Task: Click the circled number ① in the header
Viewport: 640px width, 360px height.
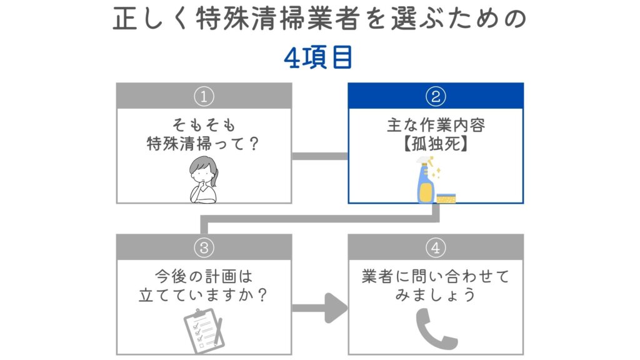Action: [x=204, y=96]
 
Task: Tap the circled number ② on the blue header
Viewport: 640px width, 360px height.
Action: [x=435, y=96]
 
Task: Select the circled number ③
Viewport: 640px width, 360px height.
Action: [x=204, y=247]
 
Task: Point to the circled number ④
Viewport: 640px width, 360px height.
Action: [x=435, y=247]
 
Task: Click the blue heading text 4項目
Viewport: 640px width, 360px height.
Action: [x=319, y=58]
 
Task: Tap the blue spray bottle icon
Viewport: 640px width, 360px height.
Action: [x=425, y=181]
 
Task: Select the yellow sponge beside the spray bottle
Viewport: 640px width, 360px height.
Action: [x=446, y=197]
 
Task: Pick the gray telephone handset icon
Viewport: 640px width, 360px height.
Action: [x=436, y=329]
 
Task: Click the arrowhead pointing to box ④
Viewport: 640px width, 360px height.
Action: [x=336, y=308]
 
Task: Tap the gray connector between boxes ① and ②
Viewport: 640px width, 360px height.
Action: [x=319, y=156]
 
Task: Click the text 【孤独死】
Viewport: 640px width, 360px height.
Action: [x=436, y=143]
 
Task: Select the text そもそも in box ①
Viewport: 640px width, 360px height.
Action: [x=204, y=125]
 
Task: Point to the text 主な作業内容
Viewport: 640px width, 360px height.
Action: [x=436, y=125]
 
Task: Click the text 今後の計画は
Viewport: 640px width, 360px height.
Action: [x=204, y=276]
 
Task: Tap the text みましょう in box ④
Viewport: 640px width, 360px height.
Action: [x=436, y=294]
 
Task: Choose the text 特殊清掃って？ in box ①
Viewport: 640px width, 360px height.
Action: [x=204, y=143]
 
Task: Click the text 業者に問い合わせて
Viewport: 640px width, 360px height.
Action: [x=436, y=276]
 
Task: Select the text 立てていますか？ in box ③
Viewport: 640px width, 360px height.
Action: [x=204, y=294]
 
